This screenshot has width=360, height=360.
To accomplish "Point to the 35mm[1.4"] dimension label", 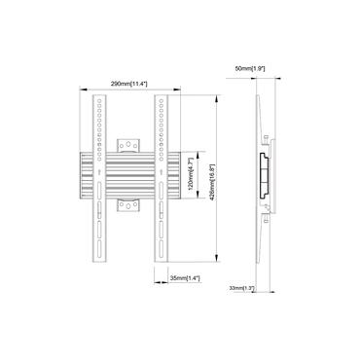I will click(x=182, y=278).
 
